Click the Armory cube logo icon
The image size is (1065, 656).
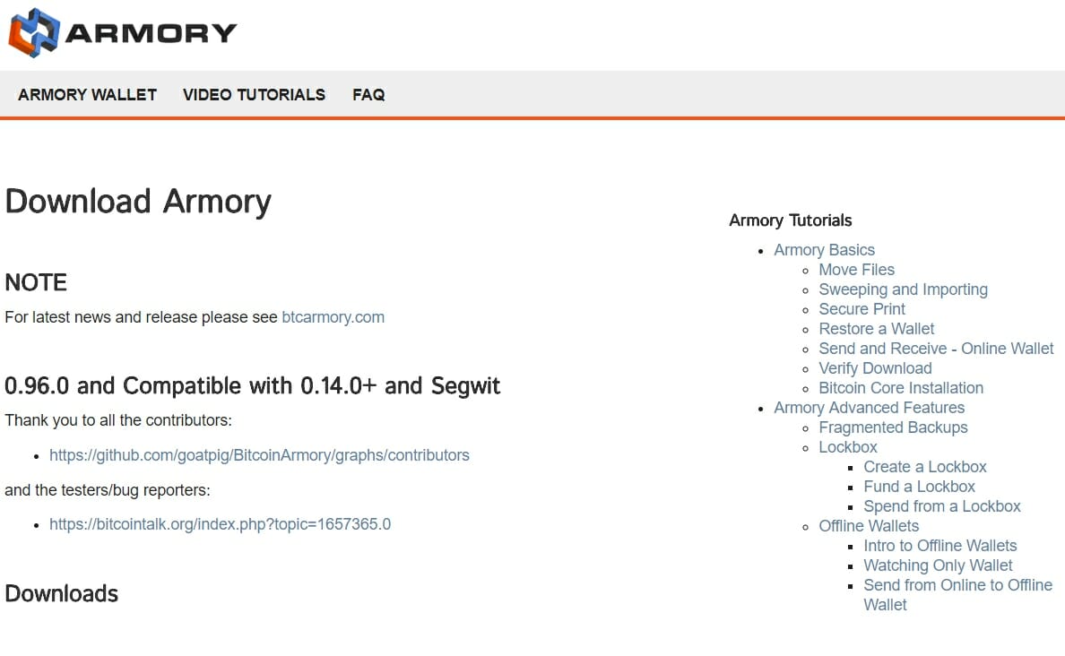click(x=34, y=32)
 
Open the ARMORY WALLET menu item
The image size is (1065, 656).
click(x=88, y=95)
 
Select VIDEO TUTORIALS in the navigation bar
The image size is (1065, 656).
click(x=254, y=95)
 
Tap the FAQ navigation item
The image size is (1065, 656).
click(x=368, y=95)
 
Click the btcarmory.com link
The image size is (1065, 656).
click(x=333, y=317)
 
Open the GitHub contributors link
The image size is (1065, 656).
click(x=259, y=455)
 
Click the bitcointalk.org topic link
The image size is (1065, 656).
click(x=220, y=524)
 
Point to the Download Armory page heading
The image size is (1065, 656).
click(x=138, y=202)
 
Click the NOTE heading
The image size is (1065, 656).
click(x=36, y=282)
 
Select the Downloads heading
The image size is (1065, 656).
click(x=61, y=593)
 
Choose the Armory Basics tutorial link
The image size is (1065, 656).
click(x=825, y=250)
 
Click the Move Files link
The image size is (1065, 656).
click(x=856, y=270)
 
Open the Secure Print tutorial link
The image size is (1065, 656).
click(x=862, y=309)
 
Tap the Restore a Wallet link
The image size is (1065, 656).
click(x=877, y=329)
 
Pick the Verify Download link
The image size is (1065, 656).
click(x=876, y=368)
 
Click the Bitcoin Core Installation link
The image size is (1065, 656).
click(x=901, y=388)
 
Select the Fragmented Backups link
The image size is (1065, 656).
click(x=893, y=427)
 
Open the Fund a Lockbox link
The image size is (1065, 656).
click(x=920, y=487)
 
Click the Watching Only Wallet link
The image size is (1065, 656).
click(x=938, y=565)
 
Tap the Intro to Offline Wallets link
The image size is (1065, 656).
click(x=940, y=545)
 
